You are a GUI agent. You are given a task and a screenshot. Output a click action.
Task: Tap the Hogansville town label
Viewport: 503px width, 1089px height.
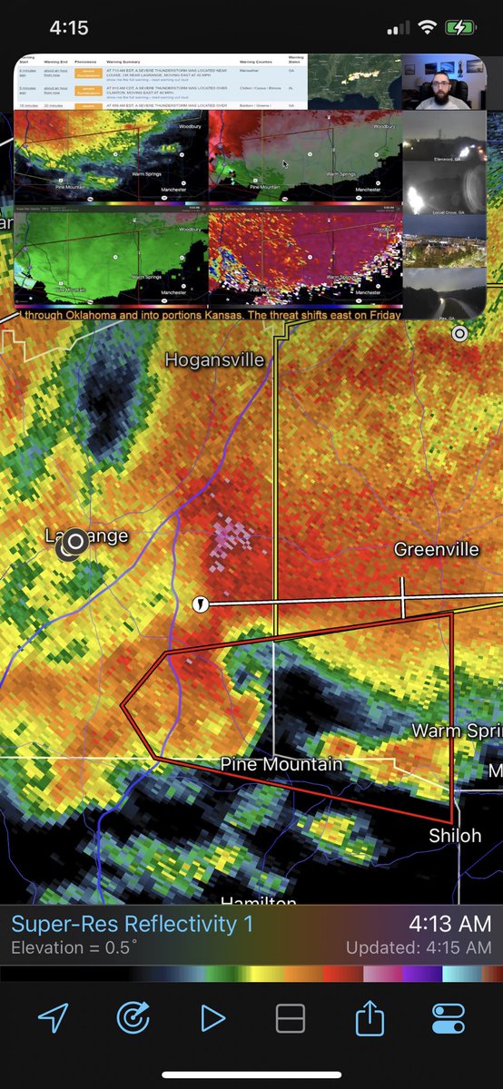coord(214,360)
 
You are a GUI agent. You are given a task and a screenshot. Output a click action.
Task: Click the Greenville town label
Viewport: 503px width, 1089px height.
coord(436,549)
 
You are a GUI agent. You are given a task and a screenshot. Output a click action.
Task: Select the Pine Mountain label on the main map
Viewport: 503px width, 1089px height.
coord(281,765)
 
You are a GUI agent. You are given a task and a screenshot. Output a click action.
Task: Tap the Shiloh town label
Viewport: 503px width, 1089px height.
coord(455,835)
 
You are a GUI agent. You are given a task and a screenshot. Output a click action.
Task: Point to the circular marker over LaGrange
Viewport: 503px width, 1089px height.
coord(75,542)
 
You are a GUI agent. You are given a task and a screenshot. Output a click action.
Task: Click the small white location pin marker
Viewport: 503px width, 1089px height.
coord(200,603)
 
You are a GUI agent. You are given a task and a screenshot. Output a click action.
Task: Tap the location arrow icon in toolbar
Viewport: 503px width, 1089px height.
coord(54,1018)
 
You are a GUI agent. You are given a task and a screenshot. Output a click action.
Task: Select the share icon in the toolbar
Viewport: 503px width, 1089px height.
coord(370,1018)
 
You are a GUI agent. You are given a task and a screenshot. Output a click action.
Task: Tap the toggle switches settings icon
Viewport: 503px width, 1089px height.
coord(449,1018)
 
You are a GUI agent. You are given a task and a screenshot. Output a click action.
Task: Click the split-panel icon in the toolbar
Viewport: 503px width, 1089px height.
coord(291,1018)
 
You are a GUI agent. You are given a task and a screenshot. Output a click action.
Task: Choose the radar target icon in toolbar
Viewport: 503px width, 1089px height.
coord(133,1018)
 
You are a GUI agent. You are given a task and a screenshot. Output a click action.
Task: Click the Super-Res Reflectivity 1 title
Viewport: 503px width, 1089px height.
coord(133,925)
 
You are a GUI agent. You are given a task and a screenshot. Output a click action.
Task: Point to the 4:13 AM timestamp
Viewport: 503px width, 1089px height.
coord(449,925)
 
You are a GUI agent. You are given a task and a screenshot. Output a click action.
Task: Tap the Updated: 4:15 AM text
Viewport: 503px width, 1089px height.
coord(419,948)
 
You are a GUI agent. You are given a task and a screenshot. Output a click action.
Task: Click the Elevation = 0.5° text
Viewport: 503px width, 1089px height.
coord(74,948)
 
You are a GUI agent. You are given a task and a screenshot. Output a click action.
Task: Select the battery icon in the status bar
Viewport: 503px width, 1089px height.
coord(460,28)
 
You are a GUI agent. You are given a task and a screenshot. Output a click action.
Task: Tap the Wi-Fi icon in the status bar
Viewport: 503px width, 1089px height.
coord(426,28)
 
